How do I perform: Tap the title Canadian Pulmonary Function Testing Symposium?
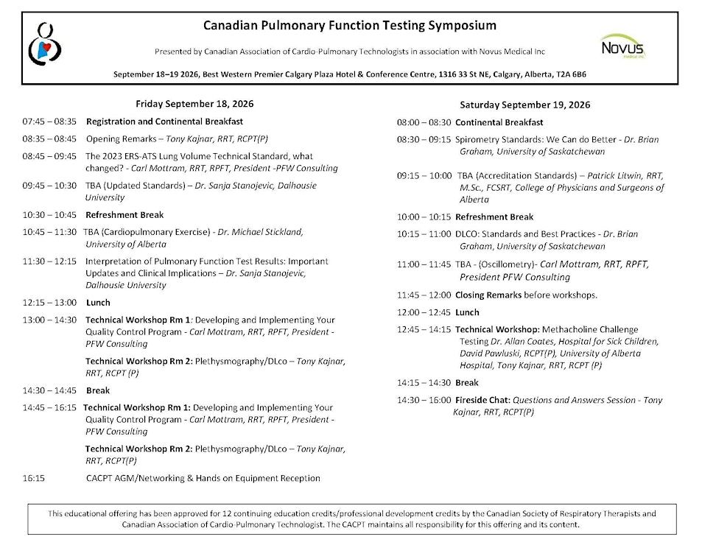[350, 25]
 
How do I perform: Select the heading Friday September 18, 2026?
[194, 104]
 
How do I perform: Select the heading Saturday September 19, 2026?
[525, 105]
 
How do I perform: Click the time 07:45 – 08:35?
[49, 122]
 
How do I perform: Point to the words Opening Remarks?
[120, 138]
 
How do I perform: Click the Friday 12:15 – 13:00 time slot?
[49, 303]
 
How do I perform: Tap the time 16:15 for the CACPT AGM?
[34, 478]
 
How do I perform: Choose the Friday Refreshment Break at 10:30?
[124, 215]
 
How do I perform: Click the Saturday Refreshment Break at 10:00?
[494, 217]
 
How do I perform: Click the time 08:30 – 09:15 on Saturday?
[424, 139]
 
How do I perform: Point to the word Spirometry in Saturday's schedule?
[477, 139]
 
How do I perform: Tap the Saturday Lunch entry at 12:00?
[467, 312]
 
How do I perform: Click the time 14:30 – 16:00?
[424, 400]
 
